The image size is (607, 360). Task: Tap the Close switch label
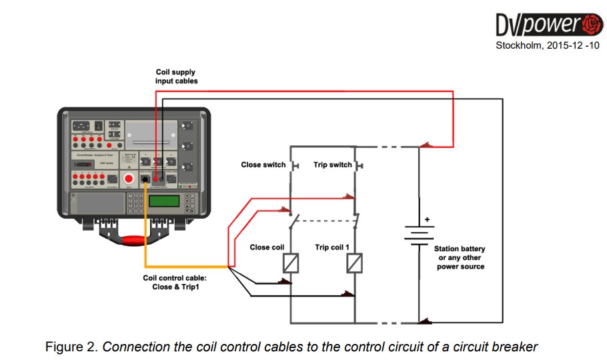263,165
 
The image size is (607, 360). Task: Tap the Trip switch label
332,165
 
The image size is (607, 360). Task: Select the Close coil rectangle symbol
291,263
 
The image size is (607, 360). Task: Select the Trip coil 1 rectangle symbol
354,263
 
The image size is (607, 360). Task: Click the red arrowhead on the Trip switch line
349,196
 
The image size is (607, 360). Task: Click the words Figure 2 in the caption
70,347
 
